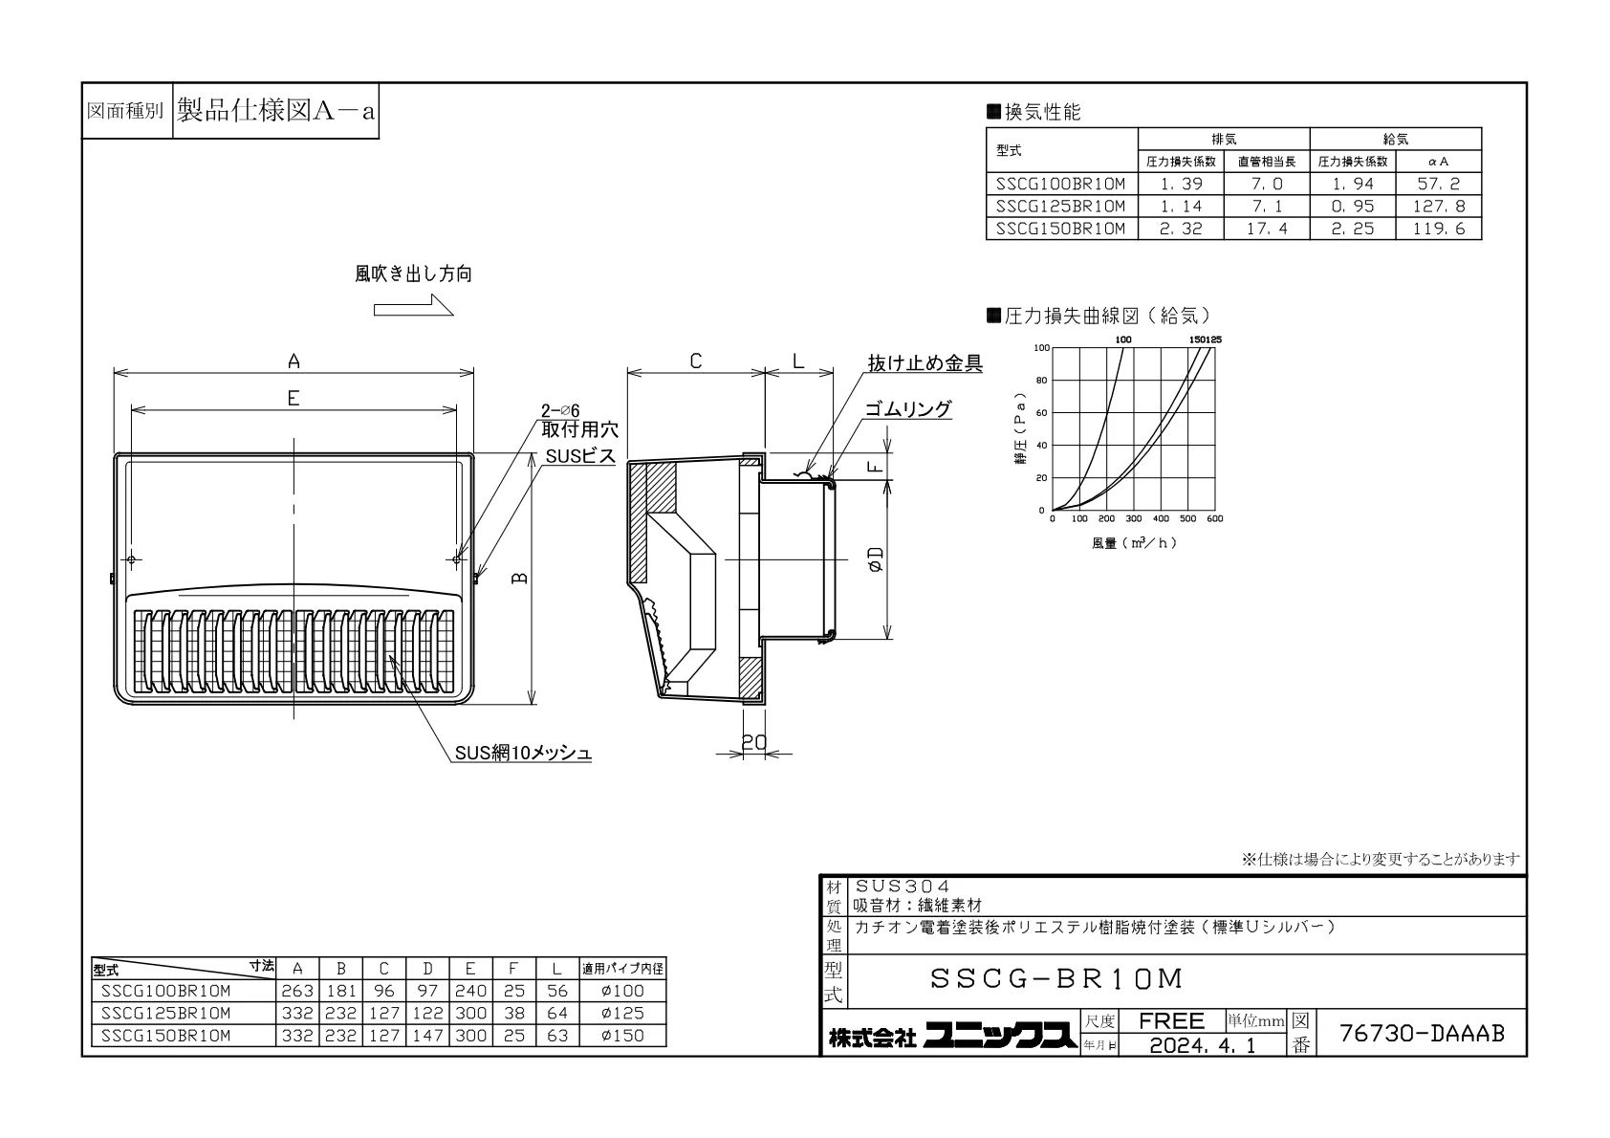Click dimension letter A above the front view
coord(294,361)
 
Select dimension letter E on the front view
coord(294,398)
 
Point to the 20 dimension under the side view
coord(754,741)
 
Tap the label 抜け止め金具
coord(925,363)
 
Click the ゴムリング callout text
coord(908,409)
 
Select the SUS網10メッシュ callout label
coord(523,753)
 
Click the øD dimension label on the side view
coord(876,559)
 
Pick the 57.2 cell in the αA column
coord(1438,184)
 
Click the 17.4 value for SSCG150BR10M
coord(1267,229)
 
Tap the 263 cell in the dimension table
coord(297,991)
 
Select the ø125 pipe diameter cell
coord(622,1013)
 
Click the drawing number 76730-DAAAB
coord(1422,1033)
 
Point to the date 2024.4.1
coord(1203,1045)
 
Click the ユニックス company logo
coord(1000,1036)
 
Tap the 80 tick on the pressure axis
coord(1041,381)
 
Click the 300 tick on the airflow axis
coord(1134,518)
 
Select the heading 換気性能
coord(1042,112)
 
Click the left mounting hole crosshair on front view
coord(132,559)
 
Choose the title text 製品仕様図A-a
coord(276,111)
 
